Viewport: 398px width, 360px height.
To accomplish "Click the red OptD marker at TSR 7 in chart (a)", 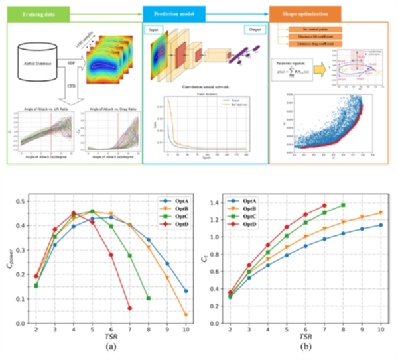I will pos(130,308).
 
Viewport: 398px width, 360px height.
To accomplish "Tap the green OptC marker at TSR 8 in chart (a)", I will pos(149,298).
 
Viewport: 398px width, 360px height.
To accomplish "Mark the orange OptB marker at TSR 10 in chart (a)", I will pos(186,315).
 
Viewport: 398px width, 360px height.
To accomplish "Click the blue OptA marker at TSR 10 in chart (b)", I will pos(381,225).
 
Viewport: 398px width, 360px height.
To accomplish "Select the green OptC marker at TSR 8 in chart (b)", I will pos(343,205).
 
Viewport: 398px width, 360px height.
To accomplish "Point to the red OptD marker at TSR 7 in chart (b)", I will pos(324,206).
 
